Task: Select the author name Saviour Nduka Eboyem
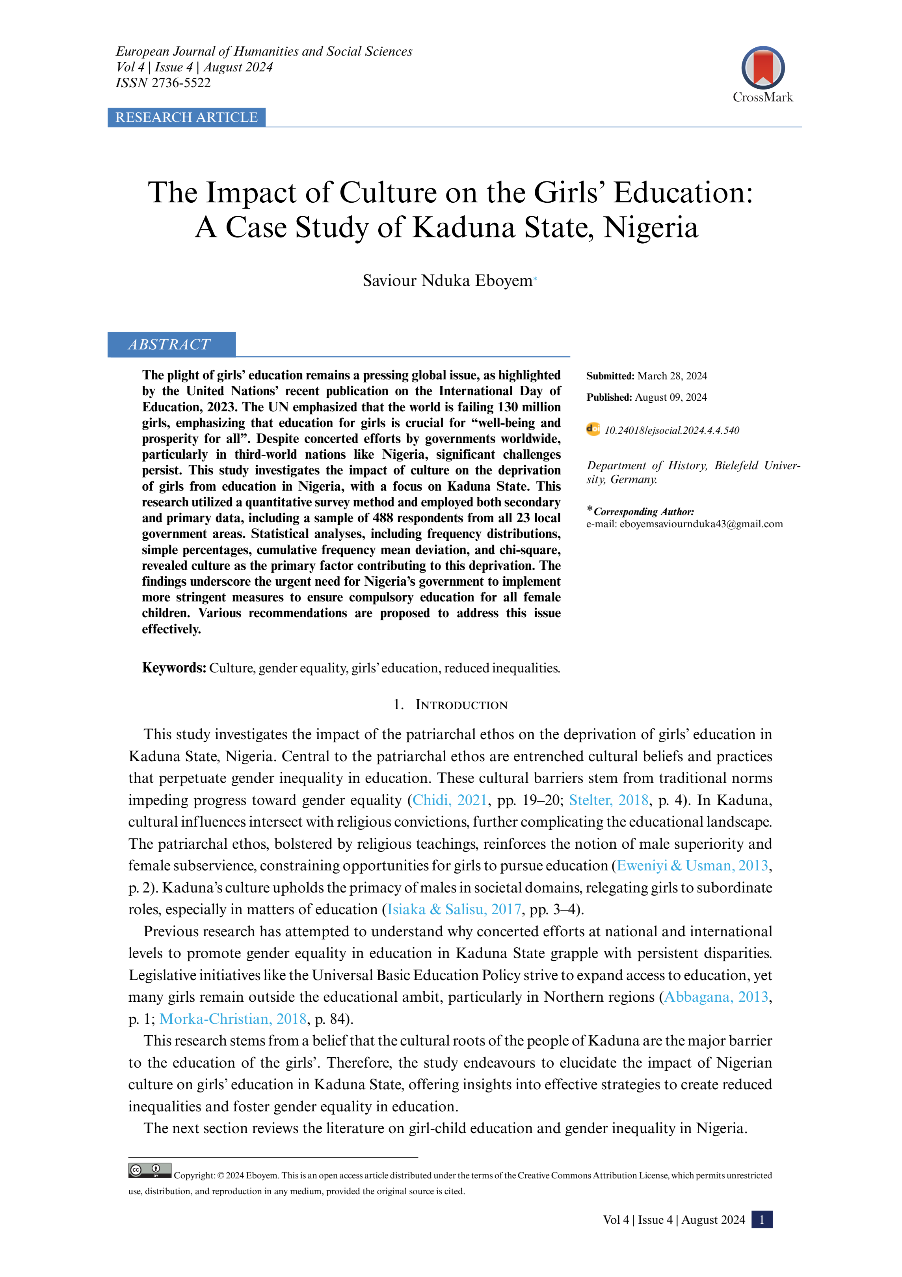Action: click(x=447, y=280)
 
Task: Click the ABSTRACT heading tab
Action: click(x=170, y=344)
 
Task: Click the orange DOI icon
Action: click(x=593, y=429)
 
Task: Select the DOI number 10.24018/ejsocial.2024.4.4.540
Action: click(x=671, y=431)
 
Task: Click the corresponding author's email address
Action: click(x=701, y=524)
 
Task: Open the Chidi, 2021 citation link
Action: click(x=450, y=800)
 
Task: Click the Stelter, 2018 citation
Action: click(x=608, y=800)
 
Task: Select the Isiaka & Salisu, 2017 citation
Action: click(x=454, y=909)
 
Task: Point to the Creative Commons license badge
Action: click(x=149, y=1170)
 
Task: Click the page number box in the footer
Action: click(x=761, y=1220)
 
